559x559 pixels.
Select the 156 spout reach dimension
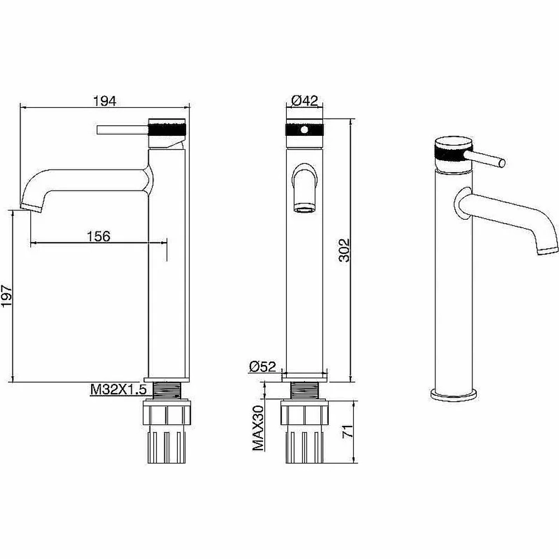tap(99, 236)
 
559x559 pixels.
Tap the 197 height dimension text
tap(7, 296)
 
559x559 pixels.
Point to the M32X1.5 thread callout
tap(119, 390)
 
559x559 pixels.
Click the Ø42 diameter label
tap(305, 101)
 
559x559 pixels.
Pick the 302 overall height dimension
tap(345, 250)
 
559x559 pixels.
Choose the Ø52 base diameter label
tap(263, 367)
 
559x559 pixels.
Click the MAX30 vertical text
tap(258, 428)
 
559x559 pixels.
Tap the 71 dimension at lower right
tap(348, 432)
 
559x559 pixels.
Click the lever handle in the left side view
tap(122, 130)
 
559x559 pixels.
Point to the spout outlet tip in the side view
tap(32, 208)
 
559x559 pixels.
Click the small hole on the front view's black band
tap(304, 130)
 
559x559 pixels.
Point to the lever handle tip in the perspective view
tap(502, 163)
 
